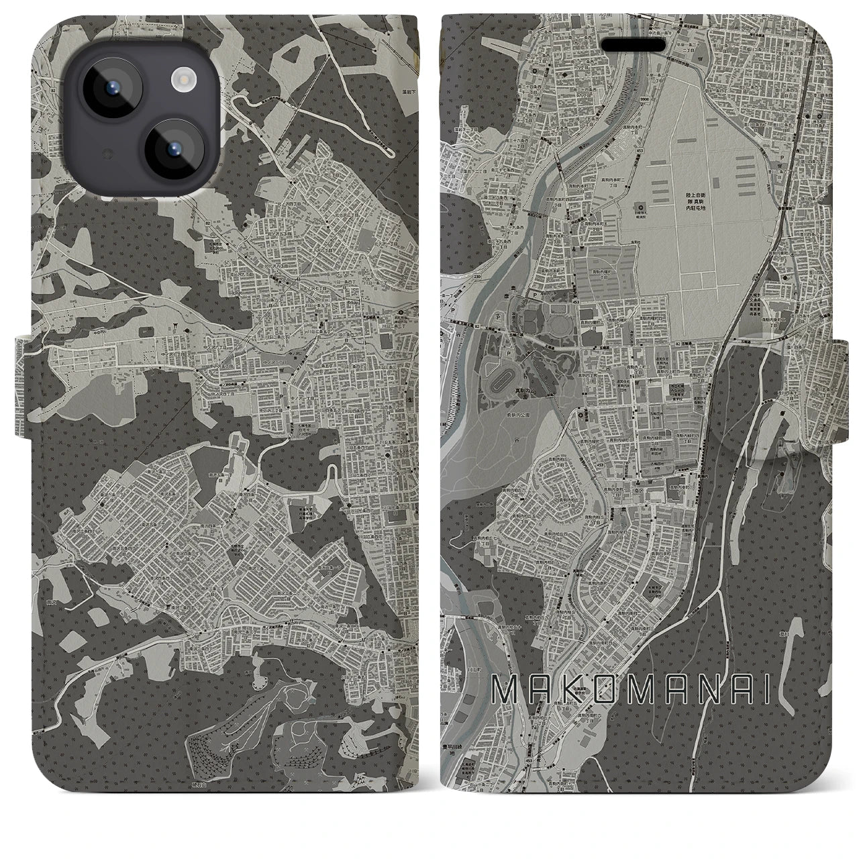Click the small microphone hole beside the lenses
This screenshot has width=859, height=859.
coord(106,154)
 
